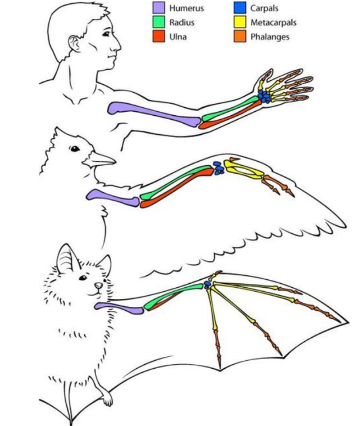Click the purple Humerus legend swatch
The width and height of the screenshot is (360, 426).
[x=158, y=8]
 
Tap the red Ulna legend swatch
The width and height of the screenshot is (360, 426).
[x=158, y=37]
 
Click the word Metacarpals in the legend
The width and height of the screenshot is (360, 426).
[x=275, y=23]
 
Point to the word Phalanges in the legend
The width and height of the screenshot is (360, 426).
[x=271, y=37]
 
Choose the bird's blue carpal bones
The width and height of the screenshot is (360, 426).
[x=218, y=168]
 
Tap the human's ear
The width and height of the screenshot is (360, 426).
[x=75, y=43]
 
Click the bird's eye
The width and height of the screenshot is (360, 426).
[x=74, y=148]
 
